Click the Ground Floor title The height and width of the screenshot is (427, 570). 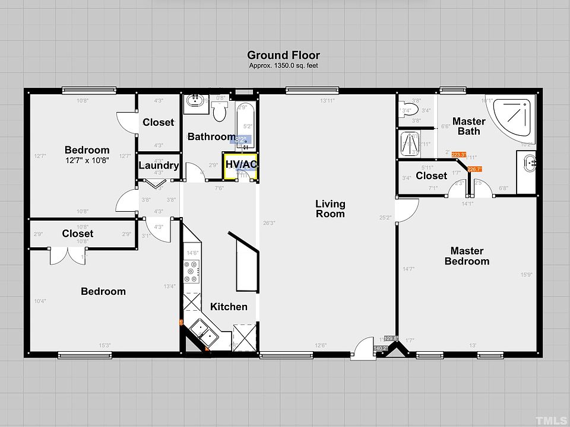pos(283,55)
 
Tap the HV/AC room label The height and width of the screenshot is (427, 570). pos(240,164)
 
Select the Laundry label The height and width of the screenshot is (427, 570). pos(159,165)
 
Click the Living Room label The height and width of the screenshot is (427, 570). pos(330,209)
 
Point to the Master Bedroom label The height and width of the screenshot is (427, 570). pos(467,256)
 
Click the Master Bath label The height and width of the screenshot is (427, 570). pos(468,126)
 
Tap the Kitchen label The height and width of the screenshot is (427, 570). pos(229,307)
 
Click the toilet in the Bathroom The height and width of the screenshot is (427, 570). pos(220,111)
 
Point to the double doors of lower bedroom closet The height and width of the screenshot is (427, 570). pos(66,255)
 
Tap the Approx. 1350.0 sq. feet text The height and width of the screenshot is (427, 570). pos(283,65)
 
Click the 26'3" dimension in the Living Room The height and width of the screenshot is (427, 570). pos(269,223)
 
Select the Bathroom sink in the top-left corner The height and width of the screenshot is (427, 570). pos(194,101)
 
